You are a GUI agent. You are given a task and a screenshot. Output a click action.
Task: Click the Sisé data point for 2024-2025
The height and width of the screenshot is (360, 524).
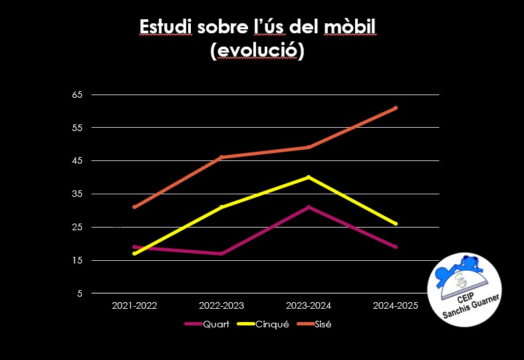396,108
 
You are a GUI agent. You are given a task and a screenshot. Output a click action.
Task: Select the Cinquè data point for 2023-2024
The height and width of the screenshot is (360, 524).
309,177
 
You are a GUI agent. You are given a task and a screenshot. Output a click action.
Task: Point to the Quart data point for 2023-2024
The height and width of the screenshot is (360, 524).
309,207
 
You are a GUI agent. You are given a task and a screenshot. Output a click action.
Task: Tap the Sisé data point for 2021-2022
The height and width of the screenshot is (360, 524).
134,207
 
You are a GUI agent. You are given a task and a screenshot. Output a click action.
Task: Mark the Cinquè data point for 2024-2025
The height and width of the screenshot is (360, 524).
396,224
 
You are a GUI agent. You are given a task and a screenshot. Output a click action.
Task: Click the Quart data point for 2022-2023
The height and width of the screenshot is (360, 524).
221,254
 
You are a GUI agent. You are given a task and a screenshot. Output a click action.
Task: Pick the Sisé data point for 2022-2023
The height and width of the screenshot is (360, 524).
221,157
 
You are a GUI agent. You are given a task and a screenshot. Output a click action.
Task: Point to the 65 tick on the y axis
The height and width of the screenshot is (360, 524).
77,94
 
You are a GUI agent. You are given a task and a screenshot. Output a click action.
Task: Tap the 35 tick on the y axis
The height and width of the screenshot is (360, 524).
77,194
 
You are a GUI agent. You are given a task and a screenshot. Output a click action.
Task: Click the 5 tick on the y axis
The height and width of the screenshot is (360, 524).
80,293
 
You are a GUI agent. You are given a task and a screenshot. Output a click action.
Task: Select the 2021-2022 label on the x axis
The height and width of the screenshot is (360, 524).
134,305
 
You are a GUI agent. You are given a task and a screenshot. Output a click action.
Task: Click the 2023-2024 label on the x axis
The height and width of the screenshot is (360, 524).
309,305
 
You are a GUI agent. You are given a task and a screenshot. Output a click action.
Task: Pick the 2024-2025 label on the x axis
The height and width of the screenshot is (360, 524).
396,305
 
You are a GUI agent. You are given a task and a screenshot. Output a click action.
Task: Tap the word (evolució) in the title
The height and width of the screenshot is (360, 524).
257,51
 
